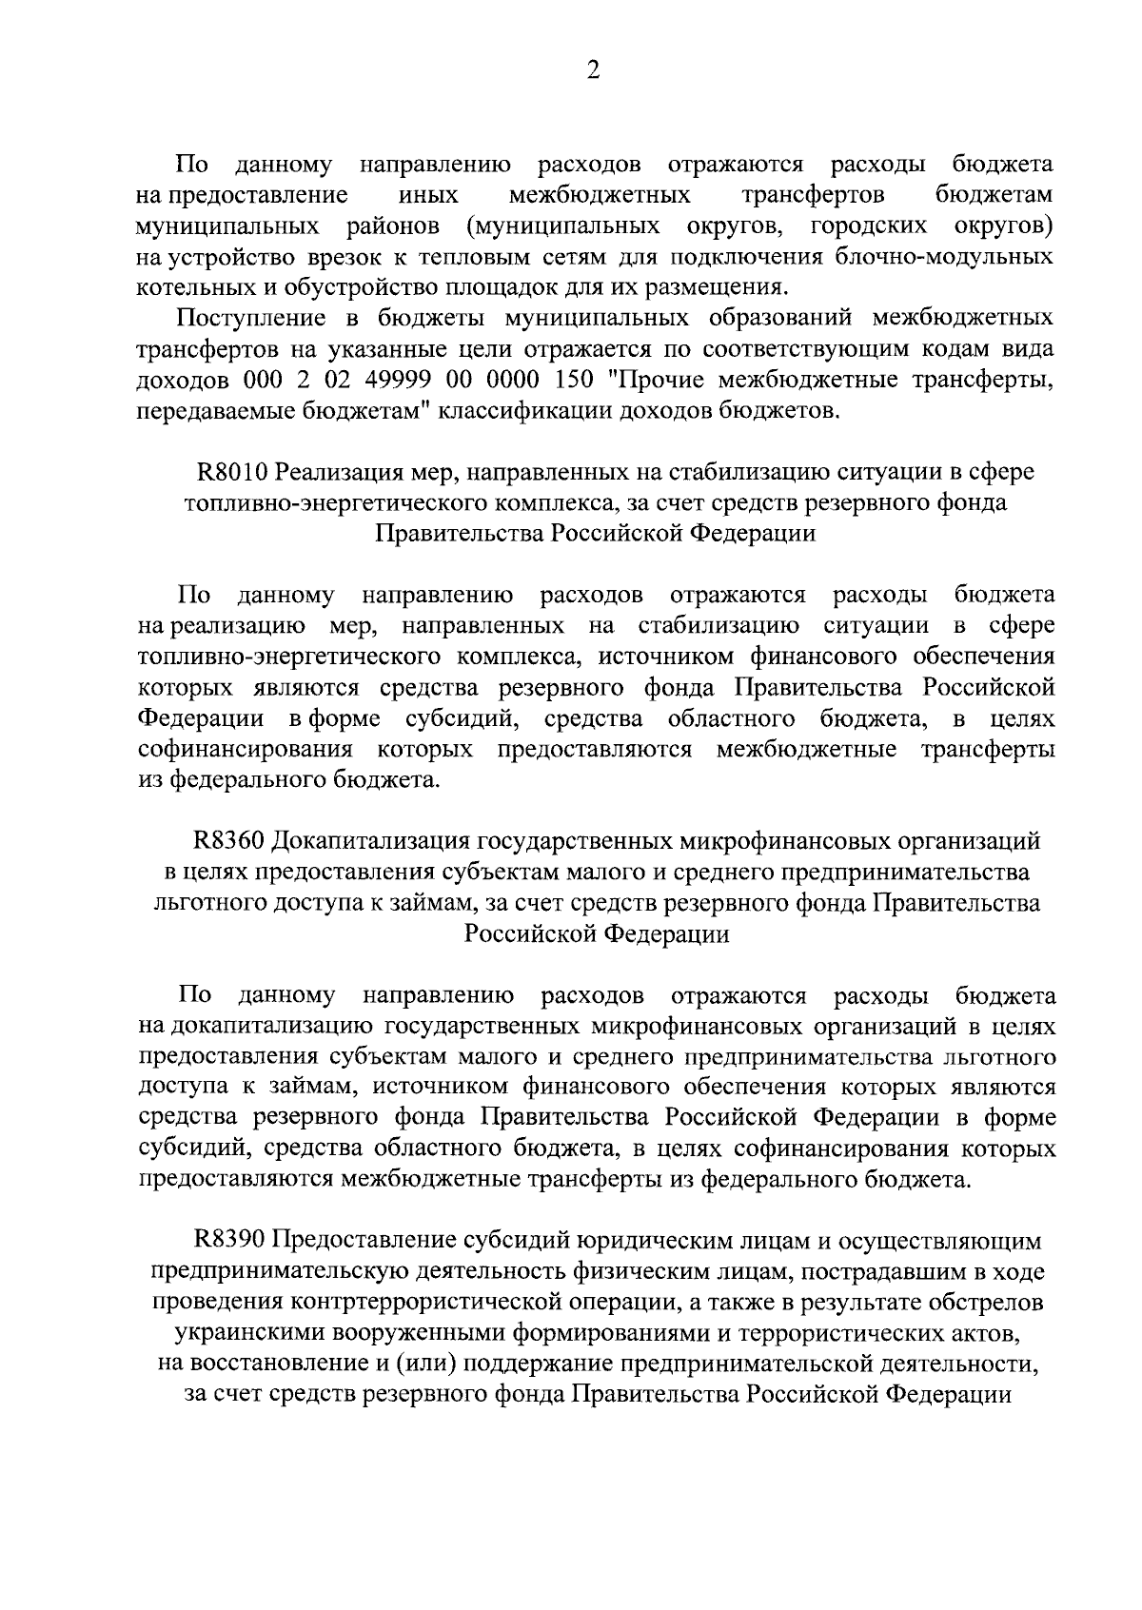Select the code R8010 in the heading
226,472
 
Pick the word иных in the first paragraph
427,196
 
